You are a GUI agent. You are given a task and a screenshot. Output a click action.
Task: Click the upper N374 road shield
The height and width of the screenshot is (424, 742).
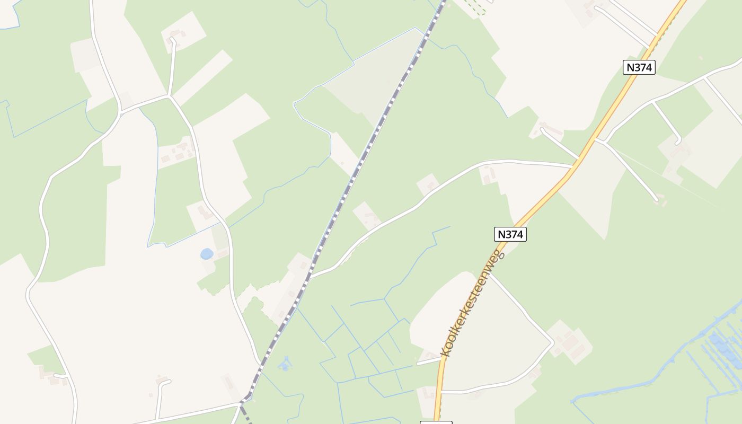[639, 67]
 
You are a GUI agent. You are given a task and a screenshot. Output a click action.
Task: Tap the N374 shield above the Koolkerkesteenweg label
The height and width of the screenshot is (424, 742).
[510, 234]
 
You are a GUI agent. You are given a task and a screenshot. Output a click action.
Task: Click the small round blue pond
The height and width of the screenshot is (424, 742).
[207, 254]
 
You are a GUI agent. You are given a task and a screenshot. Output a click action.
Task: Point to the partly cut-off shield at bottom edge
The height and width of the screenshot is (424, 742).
[436, 422]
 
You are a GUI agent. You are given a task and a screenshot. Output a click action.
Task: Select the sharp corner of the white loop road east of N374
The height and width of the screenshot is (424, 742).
[552, 343]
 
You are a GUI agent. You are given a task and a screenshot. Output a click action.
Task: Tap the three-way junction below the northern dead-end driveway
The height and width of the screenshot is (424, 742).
[169, 96]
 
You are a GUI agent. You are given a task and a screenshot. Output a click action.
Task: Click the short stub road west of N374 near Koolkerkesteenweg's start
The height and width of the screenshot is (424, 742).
[428, 362]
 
